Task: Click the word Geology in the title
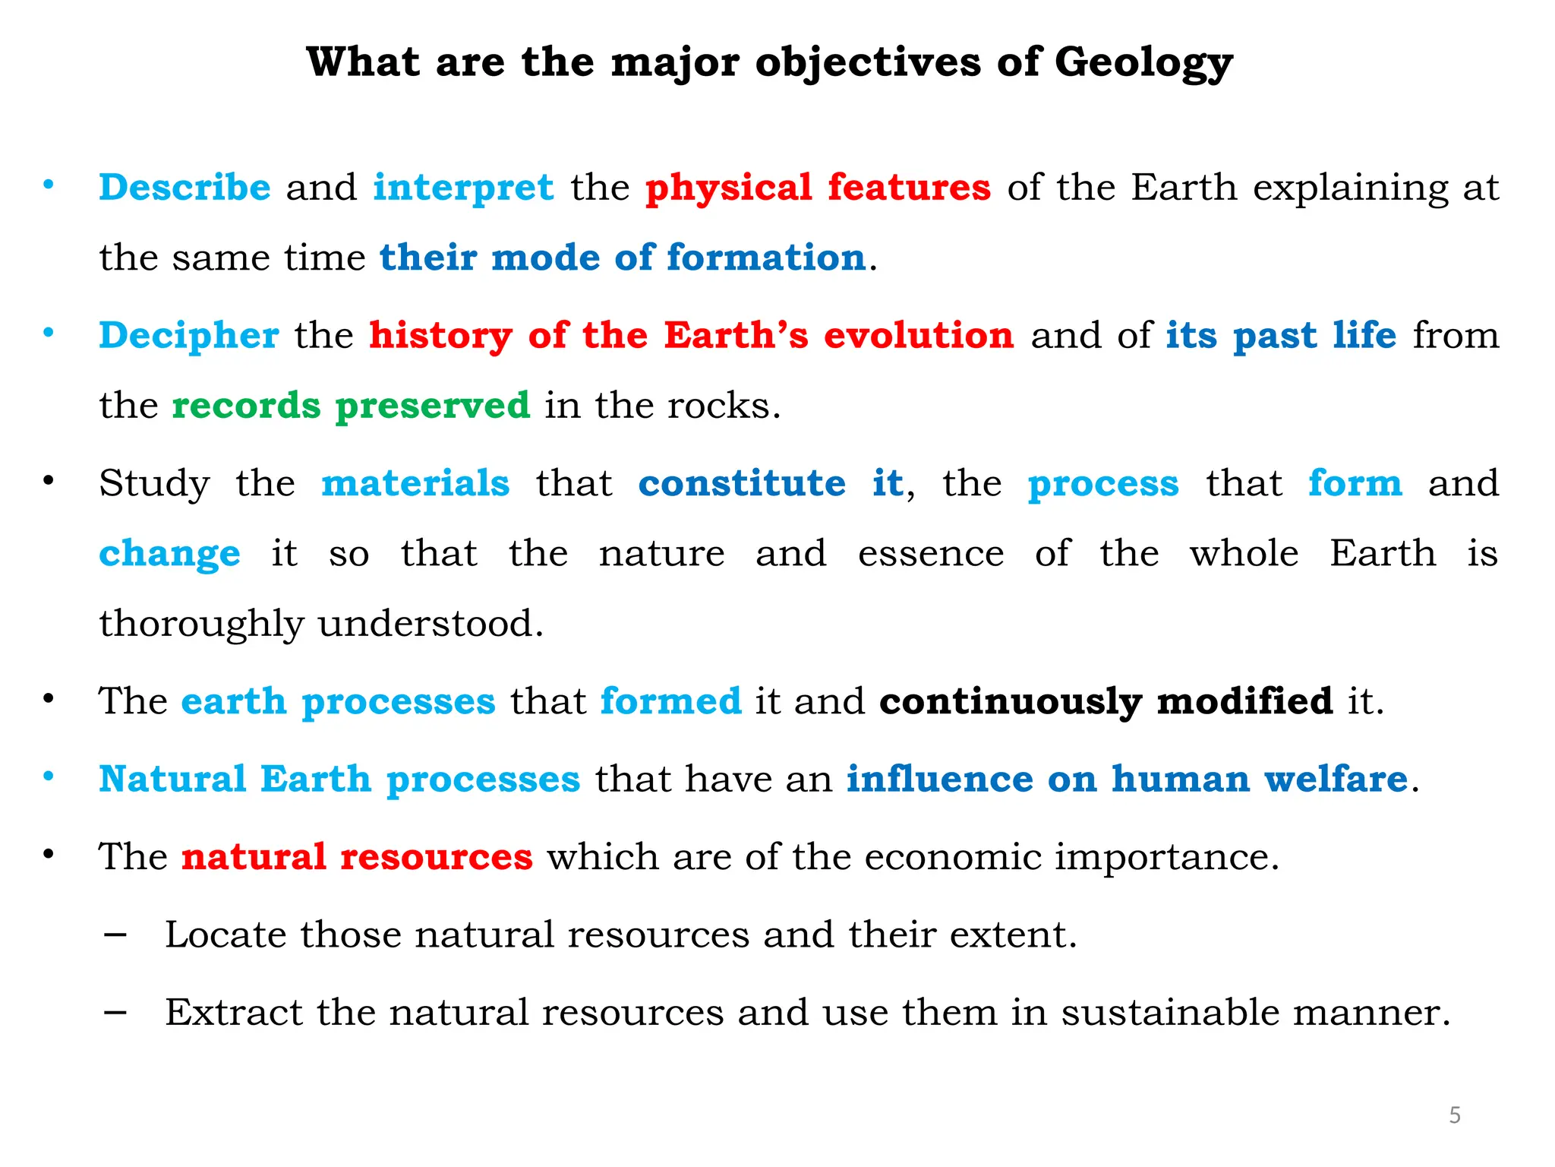(1143, 62)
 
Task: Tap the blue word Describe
(185, 188)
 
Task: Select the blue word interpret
(463, 188)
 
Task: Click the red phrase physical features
(818, 188)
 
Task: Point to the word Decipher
(189, 336)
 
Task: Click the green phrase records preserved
(351, 405)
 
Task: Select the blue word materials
(415, 483)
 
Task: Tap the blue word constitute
(742, 483)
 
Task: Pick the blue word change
(169, 554)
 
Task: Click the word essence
(931, 554)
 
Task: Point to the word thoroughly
(201, 625)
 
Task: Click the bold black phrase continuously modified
(1106, 701)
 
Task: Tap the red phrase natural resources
(357, 857)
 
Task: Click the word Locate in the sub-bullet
(225, 935)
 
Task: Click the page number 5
(1455, 1115)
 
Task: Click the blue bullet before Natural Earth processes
(49, 776)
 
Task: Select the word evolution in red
(919, 336)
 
